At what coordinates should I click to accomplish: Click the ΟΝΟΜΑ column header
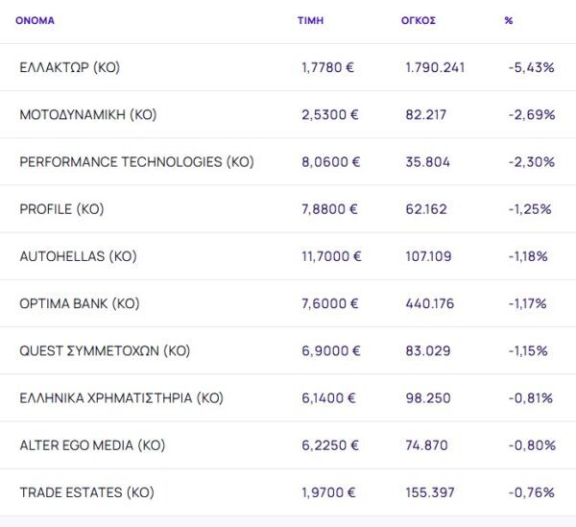coord(35,20)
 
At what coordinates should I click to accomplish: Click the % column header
coord(508,20)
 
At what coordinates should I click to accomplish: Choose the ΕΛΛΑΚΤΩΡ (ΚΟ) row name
coord(69,67)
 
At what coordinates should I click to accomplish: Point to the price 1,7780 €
coord(328,67)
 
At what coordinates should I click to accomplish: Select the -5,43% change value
coord(531,67)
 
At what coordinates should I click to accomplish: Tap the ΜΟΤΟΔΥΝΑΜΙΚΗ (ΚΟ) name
coord(87,114)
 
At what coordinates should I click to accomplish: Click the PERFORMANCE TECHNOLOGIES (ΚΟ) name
coord(136,162)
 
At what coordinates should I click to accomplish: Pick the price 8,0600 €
coord(330,162)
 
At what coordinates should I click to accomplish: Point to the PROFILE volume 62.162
coord(426,209)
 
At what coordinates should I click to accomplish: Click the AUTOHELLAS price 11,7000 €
coord(331,256)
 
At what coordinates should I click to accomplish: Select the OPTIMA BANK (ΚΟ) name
coord(79,303)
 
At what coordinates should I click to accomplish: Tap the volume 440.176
coord(429,303)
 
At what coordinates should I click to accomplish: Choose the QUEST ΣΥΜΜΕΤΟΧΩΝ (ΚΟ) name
coord(105,351)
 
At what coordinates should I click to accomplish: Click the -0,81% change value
coord(532,398)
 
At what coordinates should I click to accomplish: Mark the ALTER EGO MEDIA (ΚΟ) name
coord(92,445)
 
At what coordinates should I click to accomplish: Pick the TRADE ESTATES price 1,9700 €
coord(328,492)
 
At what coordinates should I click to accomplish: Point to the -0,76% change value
coord(532,492)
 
